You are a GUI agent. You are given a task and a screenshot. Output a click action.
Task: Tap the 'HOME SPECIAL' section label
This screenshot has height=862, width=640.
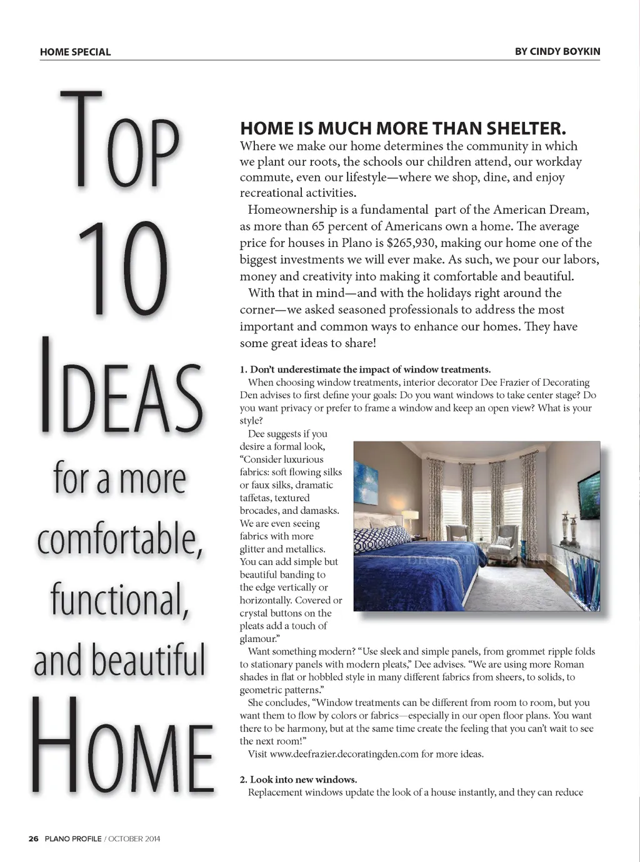click(x=75, y=52)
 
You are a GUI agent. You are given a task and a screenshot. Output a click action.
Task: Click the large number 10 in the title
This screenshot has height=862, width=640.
click(x=122, y=269)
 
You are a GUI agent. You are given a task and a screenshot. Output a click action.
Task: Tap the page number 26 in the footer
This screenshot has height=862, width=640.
click(x=34, y=839)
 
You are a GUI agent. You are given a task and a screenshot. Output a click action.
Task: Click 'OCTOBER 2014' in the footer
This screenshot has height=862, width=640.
click(x=134, y=839)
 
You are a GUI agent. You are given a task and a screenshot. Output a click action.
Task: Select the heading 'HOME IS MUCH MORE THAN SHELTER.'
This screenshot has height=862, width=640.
click(x=402, y=129)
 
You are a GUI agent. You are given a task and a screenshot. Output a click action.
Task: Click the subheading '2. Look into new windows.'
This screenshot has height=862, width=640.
click(x=298, y=779)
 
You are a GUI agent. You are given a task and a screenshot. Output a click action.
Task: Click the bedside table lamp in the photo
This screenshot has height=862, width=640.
click(x=410, y=518)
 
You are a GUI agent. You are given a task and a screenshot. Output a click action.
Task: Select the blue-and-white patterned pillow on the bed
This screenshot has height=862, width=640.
click(x=381, y=537)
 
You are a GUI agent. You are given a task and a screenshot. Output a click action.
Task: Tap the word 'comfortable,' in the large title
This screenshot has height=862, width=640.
click(x=119, y=539)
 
